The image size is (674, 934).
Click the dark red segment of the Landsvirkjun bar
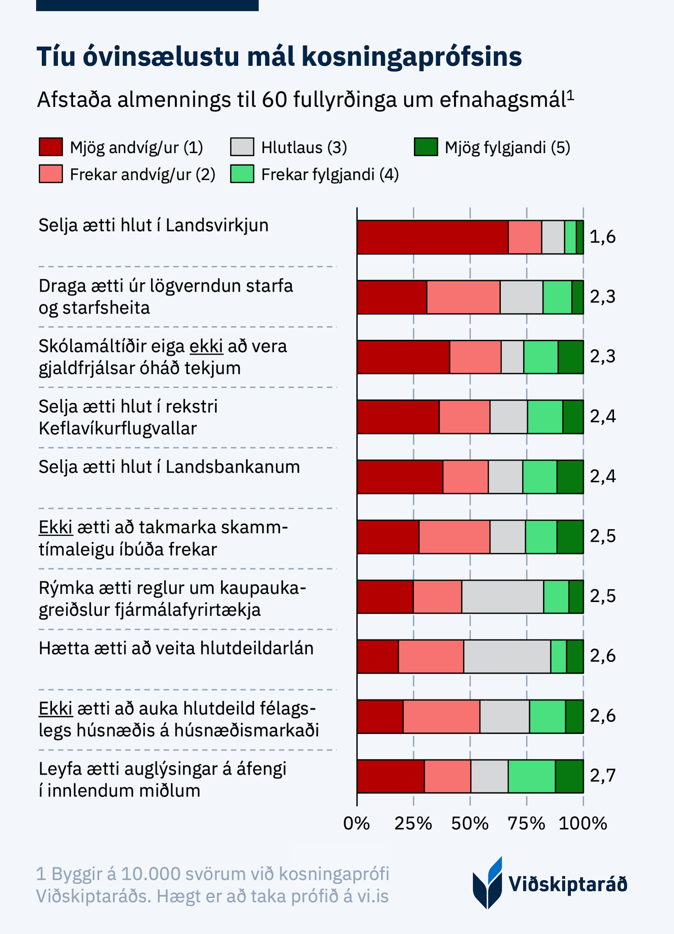coord(432,237)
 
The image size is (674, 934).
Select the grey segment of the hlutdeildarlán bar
coord(507,656)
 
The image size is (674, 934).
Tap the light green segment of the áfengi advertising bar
coord(531,776)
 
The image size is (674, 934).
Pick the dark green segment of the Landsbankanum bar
coord(570,477)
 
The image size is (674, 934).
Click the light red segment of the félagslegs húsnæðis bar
coord(441,716)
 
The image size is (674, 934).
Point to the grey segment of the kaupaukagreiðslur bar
coord(502,596)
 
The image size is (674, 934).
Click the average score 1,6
coord(602,237)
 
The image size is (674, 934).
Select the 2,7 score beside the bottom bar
coord(602,776)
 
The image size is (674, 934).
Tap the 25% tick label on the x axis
coord(413,823)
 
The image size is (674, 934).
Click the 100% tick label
coord(582,823)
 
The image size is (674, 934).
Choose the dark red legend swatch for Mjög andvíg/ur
coord(51,147)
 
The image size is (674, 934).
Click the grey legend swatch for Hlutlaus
coord(242,147)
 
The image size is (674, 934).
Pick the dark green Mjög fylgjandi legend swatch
coord(426,147)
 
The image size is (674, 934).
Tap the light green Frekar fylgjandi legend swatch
coord(242,174)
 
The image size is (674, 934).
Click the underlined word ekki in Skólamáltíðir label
coord(206,346)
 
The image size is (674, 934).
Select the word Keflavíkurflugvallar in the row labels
coord(118,429)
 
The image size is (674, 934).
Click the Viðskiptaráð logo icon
coord(488,883)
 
